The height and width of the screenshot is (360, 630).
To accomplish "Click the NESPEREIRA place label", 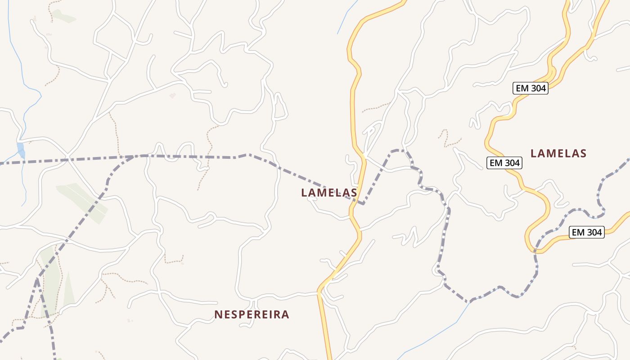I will tap(252, 315).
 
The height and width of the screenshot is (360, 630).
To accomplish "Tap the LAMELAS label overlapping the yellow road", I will tap(329, 193).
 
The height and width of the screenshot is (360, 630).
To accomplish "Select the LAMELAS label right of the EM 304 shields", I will tap(558, 153).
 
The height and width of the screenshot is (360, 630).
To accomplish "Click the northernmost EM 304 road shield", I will tap(531, 88).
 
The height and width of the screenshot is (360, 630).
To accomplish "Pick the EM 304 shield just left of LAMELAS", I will tap(504, 163).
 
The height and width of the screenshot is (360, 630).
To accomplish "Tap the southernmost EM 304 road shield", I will tap(586, 232).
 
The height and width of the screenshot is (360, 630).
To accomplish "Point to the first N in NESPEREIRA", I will tap(218, 315).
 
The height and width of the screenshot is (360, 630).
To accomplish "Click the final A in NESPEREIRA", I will tap(285, 315).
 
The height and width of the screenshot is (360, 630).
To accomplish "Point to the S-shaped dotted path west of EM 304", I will tap(445, 137).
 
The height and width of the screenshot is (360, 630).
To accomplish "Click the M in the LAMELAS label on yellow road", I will tap(325, 193).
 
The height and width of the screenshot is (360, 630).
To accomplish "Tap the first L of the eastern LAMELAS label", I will tap(534, 153).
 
